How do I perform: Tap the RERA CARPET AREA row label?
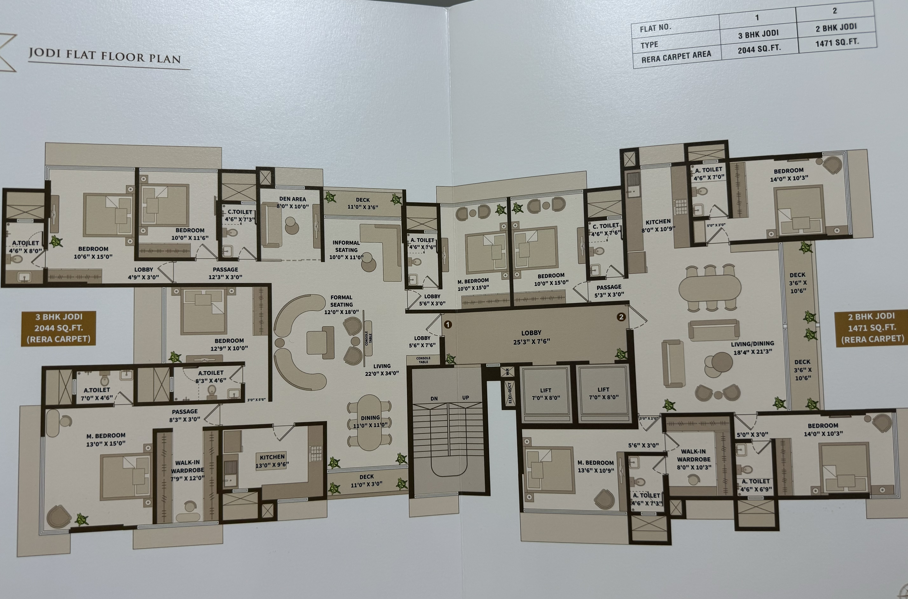[x=676, y=57]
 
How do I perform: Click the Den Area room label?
[x=293, y=203]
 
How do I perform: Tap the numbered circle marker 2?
[x=621, y=317]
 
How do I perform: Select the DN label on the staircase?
[x=434, y=398]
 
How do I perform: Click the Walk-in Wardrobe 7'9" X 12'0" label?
[x=188, y=470]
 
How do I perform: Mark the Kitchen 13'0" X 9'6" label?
[x=272, y=461]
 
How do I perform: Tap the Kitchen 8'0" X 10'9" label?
[x=658, y=225]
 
